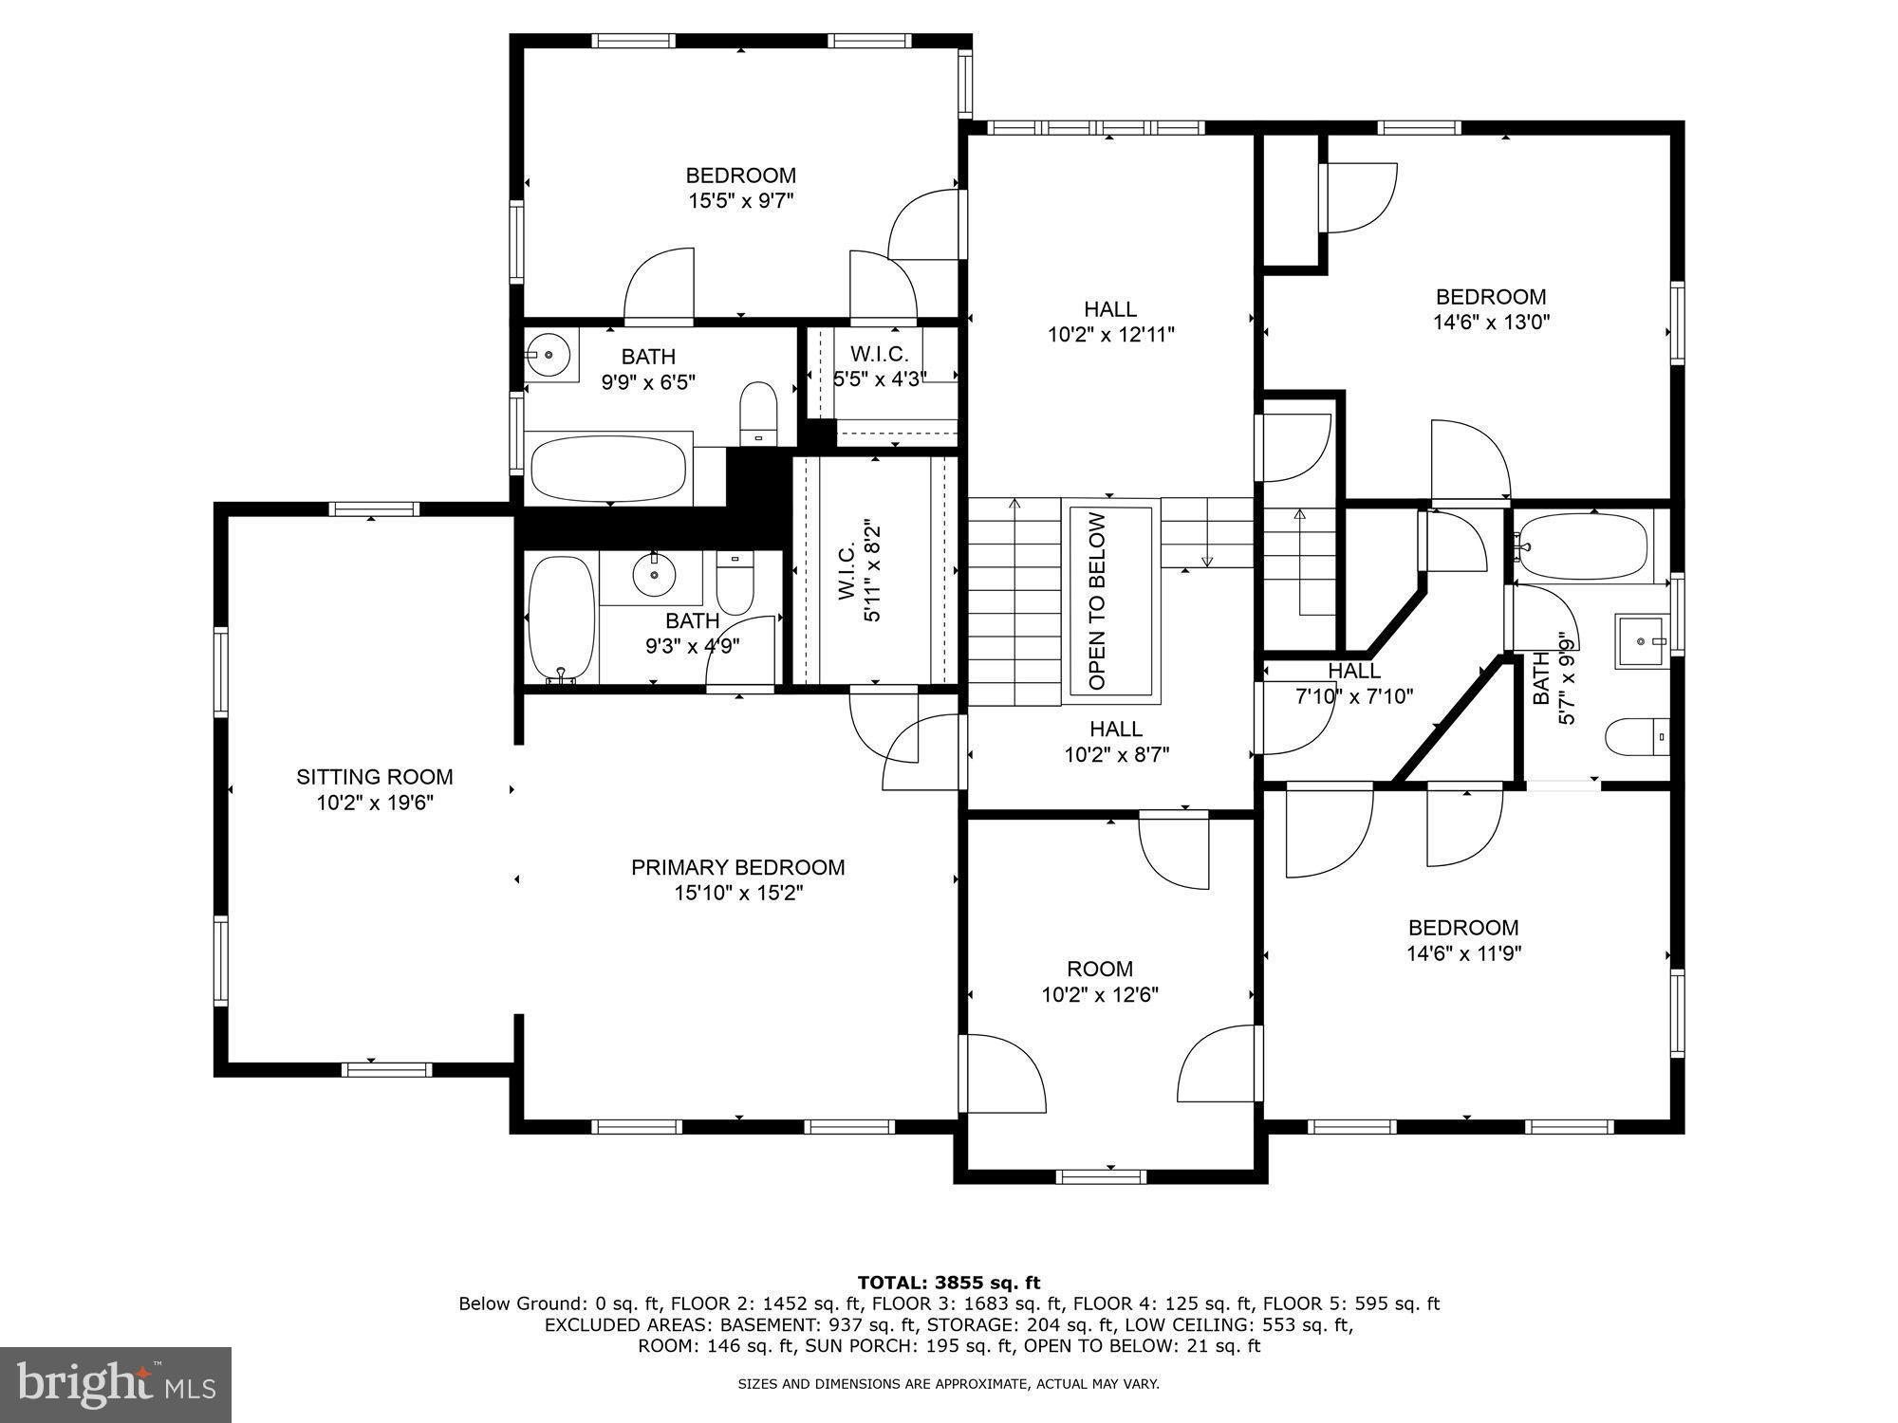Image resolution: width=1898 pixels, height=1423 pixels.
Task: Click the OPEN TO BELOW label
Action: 1097,601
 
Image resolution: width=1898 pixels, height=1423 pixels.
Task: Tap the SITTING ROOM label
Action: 374,777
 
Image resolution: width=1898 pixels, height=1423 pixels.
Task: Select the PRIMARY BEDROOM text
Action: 737,867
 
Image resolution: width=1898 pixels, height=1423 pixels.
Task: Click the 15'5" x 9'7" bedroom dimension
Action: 740,200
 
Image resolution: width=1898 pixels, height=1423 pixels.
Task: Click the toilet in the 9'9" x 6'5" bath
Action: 758,414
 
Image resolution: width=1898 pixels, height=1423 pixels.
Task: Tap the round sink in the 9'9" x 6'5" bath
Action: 549,355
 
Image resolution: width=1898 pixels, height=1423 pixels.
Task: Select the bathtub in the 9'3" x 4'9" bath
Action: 561,619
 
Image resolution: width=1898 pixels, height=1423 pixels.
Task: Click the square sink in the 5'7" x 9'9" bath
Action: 1642,641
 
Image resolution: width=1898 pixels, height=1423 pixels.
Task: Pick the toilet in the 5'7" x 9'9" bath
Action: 1638,737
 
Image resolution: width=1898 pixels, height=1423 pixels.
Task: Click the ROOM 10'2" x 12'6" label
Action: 1100,981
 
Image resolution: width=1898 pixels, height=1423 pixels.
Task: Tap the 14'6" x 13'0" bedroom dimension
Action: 1491,322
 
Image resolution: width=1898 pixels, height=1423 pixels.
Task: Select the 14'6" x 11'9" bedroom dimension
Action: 1463,952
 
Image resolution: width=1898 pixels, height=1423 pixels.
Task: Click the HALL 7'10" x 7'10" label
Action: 1354,683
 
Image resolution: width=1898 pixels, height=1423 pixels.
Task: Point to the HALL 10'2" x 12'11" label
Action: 1110,321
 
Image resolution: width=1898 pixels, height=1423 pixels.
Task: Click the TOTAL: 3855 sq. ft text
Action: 949,1283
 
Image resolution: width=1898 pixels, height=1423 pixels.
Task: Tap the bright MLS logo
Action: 116,1385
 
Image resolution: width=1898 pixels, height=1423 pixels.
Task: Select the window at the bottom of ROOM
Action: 1101,1176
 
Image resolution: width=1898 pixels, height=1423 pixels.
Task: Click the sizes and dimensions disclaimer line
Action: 949,1384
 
